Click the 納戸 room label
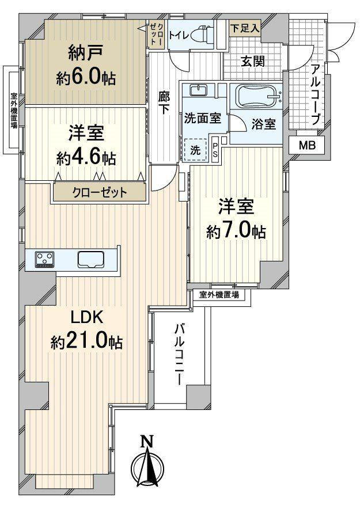pyautogui.click(x=86, y=53)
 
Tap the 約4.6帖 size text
pyautogui.click(x=86, y=158)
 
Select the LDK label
pyautogui.click(x=87, y=318)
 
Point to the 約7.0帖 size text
pyautogui.click(x=236, y=231)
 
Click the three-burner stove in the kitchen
pyautogui.click(x=45, y=259)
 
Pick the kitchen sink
pyautogui.click(x=90, y=259)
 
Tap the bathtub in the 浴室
pyautogui.click(x=258, y=96)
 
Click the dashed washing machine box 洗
pyautogui.click(x=195, y=150)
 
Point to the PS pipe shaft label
pyautogui.click(x=215, y=149)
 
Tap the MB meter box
pyautogui.click(x=307, y=146)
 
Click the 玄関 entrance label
pyautogui.click(x=253, y=61)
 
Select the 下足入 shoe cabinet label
pyautogui.click(x=245, y=28)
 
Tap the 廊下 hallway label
pyautogui.click(x=164, y=103)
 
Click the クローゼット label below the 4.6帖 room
pyautogui.click(x=100, y=193)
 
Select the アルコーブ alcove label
pyautogui.click(x=316, y=94)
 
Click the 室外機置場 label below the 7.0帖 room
pyautogui.click(x=219, y=294)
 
